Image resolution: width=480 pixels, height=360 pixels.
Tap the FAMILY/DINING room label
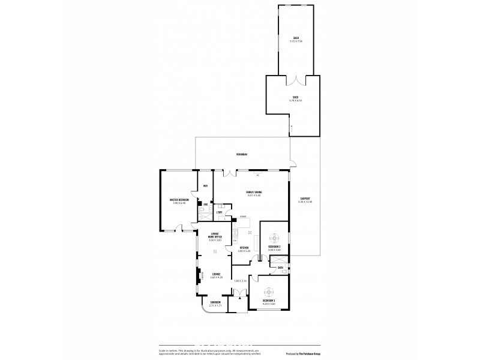[x=254, y=191]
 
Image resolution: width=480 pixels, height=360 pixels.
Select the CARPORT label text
[x=305, y=198]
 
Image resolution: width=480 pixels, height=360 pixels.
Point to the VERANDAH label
[x=242, y=155]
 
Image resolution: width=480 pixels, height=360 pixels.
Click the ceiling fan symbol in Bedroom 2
[x=275, y=236]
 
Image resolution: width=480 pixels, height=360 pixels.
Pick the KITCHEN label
[x=244, y=247]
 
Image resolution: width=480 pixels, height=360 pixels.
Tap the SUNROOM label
[x=215, y=302]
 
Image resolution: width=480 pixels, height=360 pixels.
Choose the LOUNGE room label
[x=216, y=274]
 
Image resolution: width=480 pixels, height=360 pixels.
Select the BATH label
[x=280, y=268]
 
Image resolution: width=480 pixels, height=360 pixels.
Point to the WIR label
[x=205, y=186]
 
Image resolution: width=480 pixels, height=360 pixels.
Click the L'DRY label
[x=220, y=212]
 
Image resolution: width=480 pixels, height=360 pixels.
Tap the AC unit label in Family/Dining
[x=257, y=176]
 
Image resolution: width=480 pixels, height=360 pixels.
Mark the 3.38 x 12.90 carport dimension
[x=305, y=202]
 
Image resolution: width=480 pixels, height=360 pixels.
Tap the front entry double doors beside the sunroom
[x=239, y=294]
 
